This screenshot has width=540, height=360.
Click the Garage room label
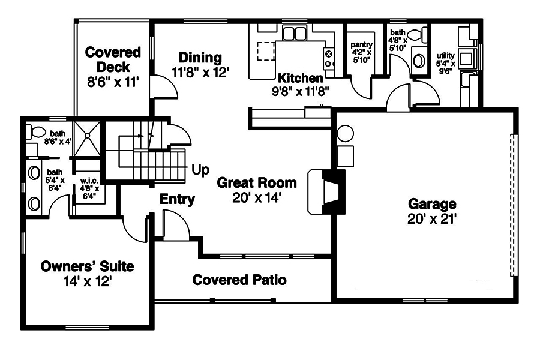[432, 204]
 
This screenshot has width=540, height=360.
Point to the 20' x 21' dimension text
[432, 219]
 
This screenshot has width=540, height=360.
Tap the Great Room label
[257, 182]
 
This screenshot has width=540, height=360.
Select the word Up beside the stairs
[200, 170]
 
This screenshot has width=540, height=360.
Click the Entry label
[177, 199]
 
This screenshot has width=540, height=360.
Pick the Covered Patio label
[239, 280]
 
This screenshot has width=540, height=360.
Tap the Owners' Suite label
[87, 266]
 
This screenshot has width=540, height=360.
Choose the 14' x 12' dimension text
[87, 281]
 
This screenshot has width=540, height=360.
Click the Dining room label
[200, 58]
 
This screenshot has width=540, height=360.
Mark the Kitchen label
[301, 78]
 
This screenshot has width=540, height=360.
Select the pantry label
[362, 45]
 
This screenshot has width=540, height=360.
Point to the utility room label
[445, 55]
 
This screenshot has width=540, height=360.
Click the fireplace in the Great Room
[326, 191]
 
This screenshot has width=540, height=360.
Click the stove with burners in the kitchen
[329, 58]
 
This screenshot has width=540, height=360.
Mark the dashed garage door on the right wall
[513, 204]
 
